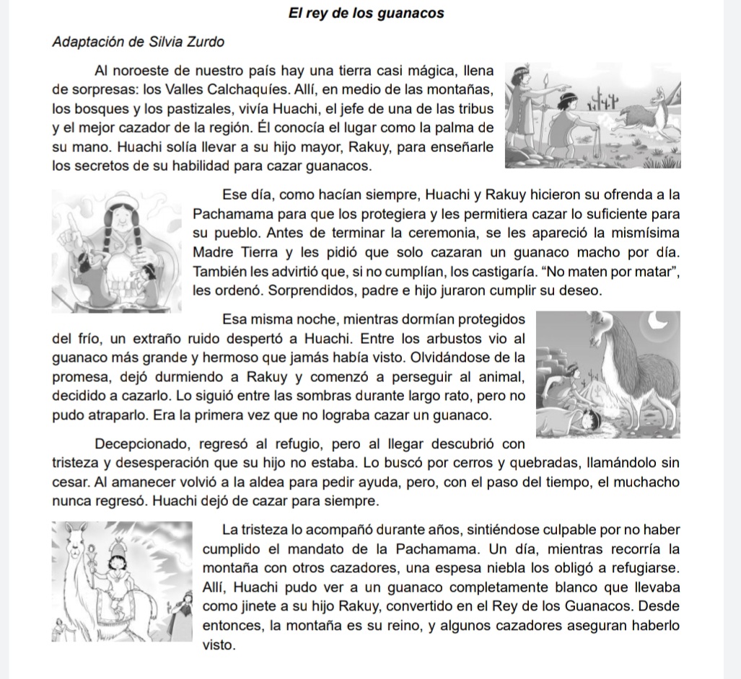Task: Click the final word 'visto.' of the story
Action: coord(219,645)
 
